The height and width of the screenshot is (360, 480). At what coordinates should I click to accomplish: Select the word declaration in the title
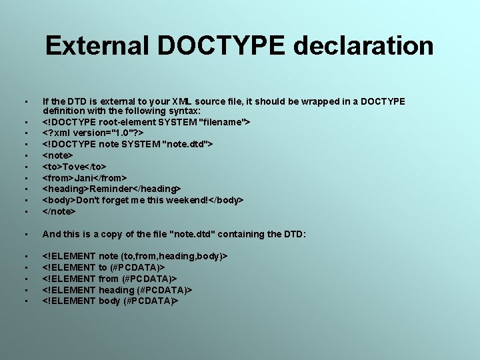pyautogui.click(x=363, y=46)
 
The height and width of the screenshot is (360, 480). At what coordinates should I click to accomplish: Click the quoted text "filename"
pyautogui.click(x=223, y=122)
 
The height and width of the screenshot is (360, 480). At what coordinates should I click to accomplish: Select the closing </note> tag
pyautogui.click(x=59, y=211)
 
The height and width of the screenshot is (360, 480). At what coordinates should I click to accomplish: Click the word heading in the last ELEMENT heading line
pyautogui.click(x=119, y=290)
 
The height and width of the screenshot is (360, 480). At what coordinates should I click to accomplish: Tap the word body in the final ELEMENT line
pyautogui.click(x=109, y=301)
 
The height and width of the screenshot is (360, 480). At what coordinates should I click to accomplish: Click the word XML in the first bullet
pyautogui.click(x=217, y=101)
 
